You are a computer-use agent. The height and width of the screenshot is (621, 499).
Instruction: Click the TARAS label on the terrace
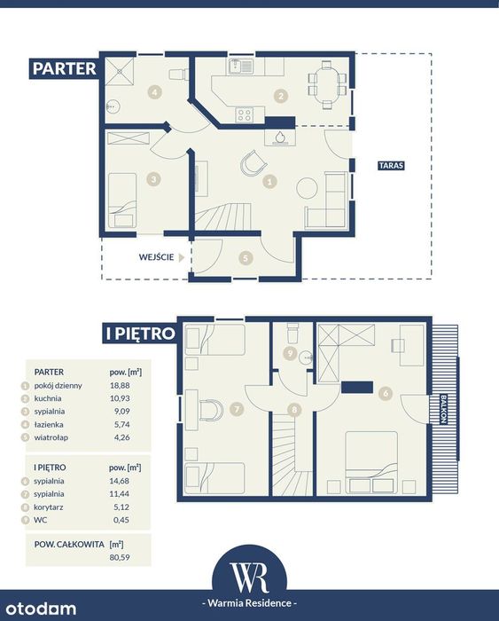[392, 165]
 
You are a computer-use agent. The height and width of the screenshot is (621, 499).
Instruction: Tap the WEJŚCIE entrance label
[156, 257]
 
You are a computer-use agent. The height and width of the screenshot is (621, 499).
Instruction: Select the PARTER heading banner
[63, 68]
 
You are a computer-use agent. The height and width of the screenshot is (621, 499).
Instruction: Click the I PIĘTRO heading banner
[139, 333]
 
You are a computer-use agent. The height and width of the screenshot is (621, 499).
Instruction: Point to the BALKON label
[443, 409]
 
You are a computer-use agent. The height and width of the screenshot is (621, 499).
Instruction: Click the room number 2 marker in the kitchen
[281, 96]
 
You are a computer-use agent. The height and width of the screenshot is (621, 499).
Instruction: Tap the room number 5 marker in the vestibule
[246, 258]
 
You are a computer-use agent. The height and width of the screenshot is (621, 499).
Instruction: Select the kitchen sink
[240, 67]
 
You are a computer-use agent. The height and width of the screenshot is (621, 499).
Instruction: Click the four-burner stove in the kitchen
[245, 114]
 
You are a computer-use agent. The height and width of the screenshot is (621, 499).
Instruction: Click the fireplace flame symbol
[280, 137]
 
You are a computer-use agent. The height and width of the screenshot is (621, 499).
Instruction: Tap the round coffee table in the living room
[307, 188]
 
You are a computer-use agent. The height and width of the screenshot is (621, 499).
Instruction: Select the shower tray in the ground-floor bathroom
[120, 72]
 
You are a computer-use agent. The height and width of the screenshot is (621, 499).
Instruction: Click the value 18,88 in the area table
[120, 385]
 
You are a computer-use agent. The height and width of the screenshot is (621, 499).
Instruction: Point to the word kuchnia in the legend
[48, 398]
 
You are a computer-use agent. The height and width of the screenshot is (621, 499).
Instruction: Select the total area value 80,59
[120, 557]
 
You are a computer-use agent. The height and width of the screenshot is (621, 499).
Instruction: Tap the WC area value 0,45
[121, 520]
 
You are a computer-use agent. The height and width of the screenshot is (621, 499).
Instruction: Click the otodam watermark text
[41, 609]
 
